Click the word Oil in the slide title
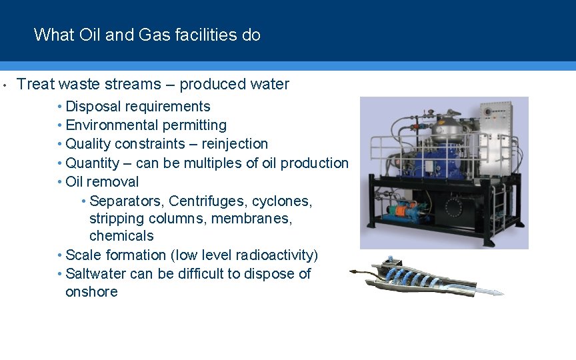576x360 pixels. pos(89,35)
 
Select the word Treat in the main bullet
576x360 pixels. pos(35,84)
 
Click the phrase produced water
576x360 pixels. pos(235,84)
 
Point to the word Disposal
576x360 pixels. pos(93,107)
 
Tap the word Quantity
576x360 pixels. pos(93,163)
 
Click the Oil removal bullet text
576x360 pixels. pos(102,181)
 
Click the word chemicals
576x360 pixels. pos(121,236)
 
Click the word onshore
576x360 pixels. pos(91,292)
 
